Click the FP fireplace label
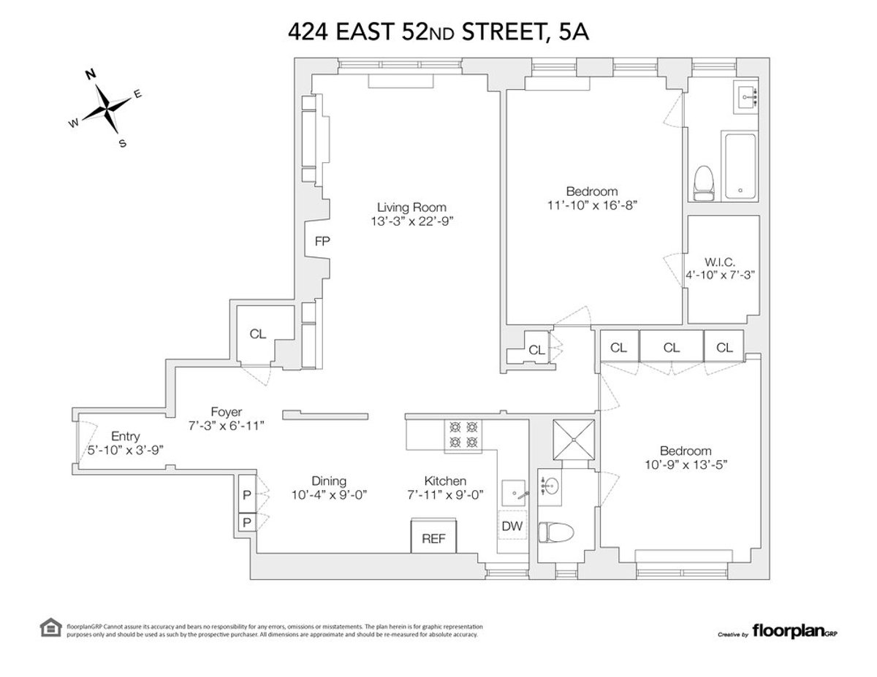coord(321,242)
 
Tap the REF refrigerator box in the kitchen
coord(434,539)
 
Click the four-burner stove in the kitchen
coord(463,435)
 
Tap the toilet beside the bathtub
coord(703,182)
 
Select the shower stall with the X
coord(574,440)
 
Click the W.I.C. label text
coord(720,261)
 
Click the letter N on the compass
coord(91,74)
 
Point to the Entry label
coord(126,436)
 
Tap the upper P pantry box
coord(247,494)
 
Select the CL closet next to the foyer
coord(257,334)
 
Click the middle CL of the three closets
coord(672,348)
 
